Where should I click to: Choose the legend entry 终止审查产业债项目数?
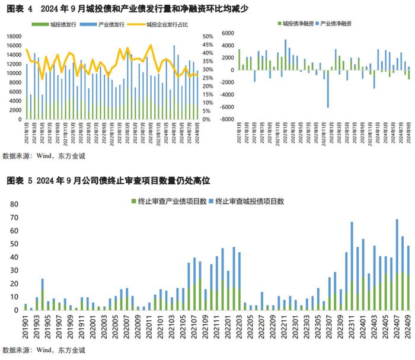pos(168,201)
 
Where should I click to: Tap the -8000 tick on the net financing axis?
pos(225,119)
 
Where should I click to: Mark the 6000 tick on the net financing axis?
pos(227,33)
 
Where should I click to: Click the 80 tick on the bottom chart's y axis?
pos(12,203)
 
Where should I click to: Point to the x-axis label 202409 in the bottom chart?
pos(408,327)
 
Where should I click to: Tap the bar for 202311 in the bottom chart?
pos(352,267)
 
